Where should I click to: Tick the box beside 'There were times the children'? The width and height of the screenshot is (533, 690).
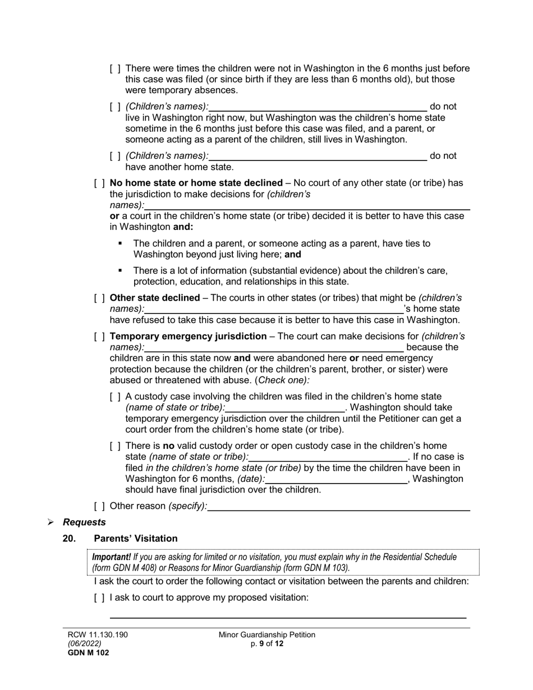pos(115,68)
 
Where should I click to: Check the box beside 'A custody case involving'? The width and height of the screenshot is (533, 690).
pos(115,397)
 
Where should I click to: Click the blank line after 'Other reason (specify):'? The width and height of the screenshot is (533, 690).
pos(338,507)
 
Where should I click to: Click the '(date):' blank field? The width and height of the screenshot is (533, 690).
pos(336,480)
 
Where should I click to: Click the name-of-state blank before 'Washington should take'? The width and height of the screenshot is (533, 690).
pos(285,408)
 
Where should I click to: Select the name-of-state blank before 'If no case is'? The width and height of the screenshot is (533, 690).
pos(328,458)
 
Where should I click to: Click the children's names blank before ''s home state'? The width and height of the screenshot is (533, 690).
pos(274,310)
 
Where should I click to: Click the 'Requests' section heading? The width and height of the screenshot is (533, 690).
pos(84,522)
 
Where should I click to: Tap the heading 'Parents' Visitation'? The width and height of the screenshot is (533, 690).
pos(136,539)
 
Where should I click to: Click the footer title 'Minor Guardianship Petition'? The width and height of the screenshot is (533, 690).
pos(267,635)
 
